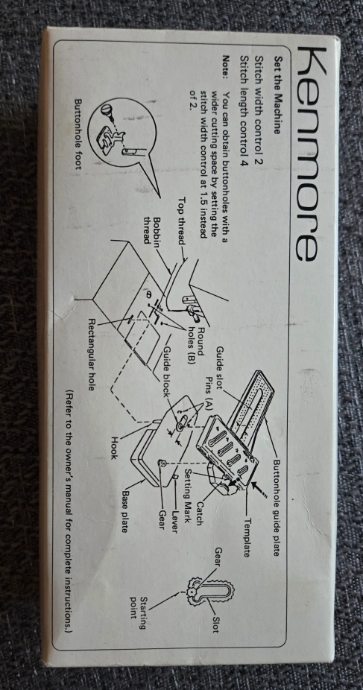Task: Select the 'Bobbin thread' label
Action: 152,230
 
